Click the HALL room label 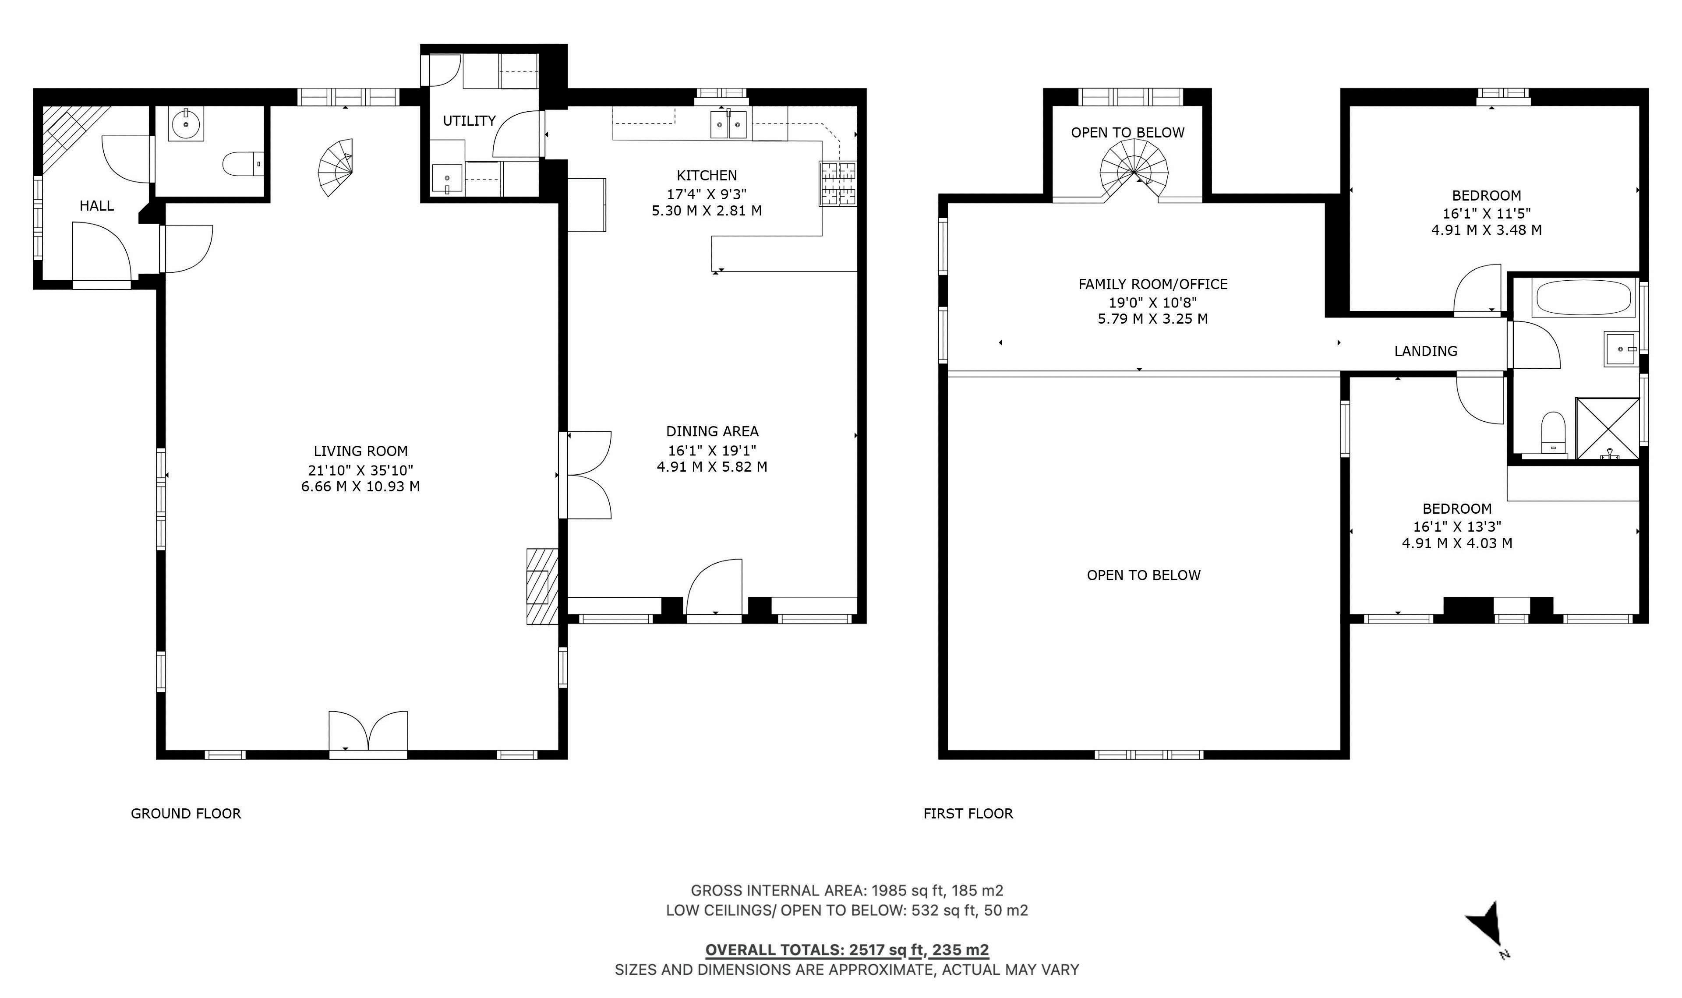[x=97, y=206]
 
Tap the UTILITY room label [x=470, y=121]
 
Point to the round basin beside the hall [x=186, y=124]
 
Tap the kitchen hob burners [x=838, y=183]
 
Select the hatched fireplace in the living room [x=543, y=586]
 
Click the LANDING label [x=1426, y=351]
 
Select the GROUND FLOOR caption [x=186, y=814]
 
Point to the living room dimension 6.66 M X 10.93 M [x=360, y=486]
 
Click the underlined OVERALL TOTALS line [x=847, y=950]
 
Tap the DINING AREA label [x=712, y=432]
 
